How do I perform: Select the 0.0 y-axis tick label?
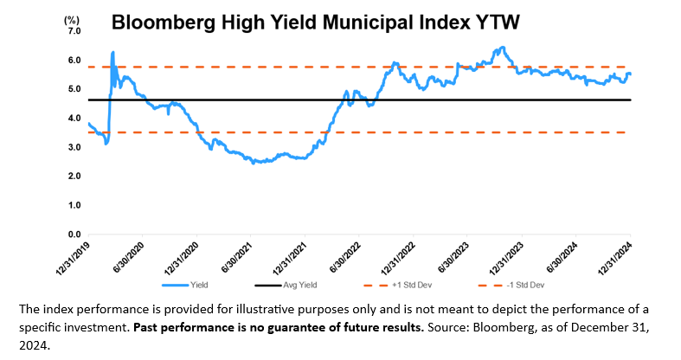(x=74, y=234)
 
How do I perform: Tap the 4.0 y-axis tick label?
(x=74, y=118)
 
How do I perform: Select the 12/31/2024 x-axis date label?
(x=614, y=258)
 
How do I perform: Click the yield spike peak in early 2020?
(x=112, y=53)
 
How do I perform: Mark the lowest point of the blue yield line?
(x=253, y=163)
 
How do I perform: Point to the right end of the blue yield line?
(x=630, y=74)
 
